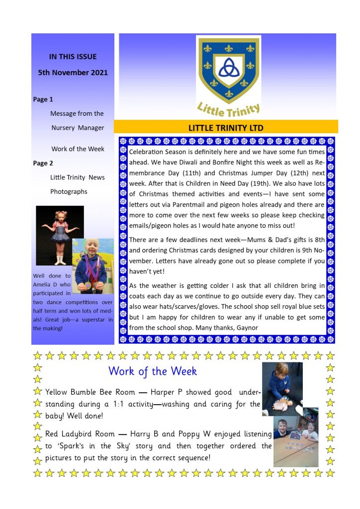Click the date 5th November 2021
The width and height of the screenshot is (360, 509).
(73, 73)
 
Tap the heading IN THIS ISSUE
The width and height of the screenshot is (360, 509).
(73, 57)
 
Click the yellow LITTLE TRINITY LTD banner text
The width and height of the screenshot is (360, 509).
(226, 128)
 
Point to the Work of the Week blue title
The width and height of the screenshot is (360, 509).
(153, 371)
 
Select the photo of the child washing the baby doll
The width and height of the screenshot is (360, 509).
(281, 389)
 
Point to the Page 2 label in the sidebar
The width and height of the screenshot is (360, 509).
(43, 163)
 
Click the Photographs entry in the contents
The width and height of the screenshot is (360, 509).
(69, 191)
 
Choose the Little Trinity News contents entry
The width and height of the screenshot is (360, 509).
(78, 177)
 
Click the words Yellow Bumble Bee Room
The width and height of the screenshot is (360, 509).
(85, 392)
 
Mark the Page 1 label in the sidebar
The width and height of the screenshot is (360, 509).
(43, 99)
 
